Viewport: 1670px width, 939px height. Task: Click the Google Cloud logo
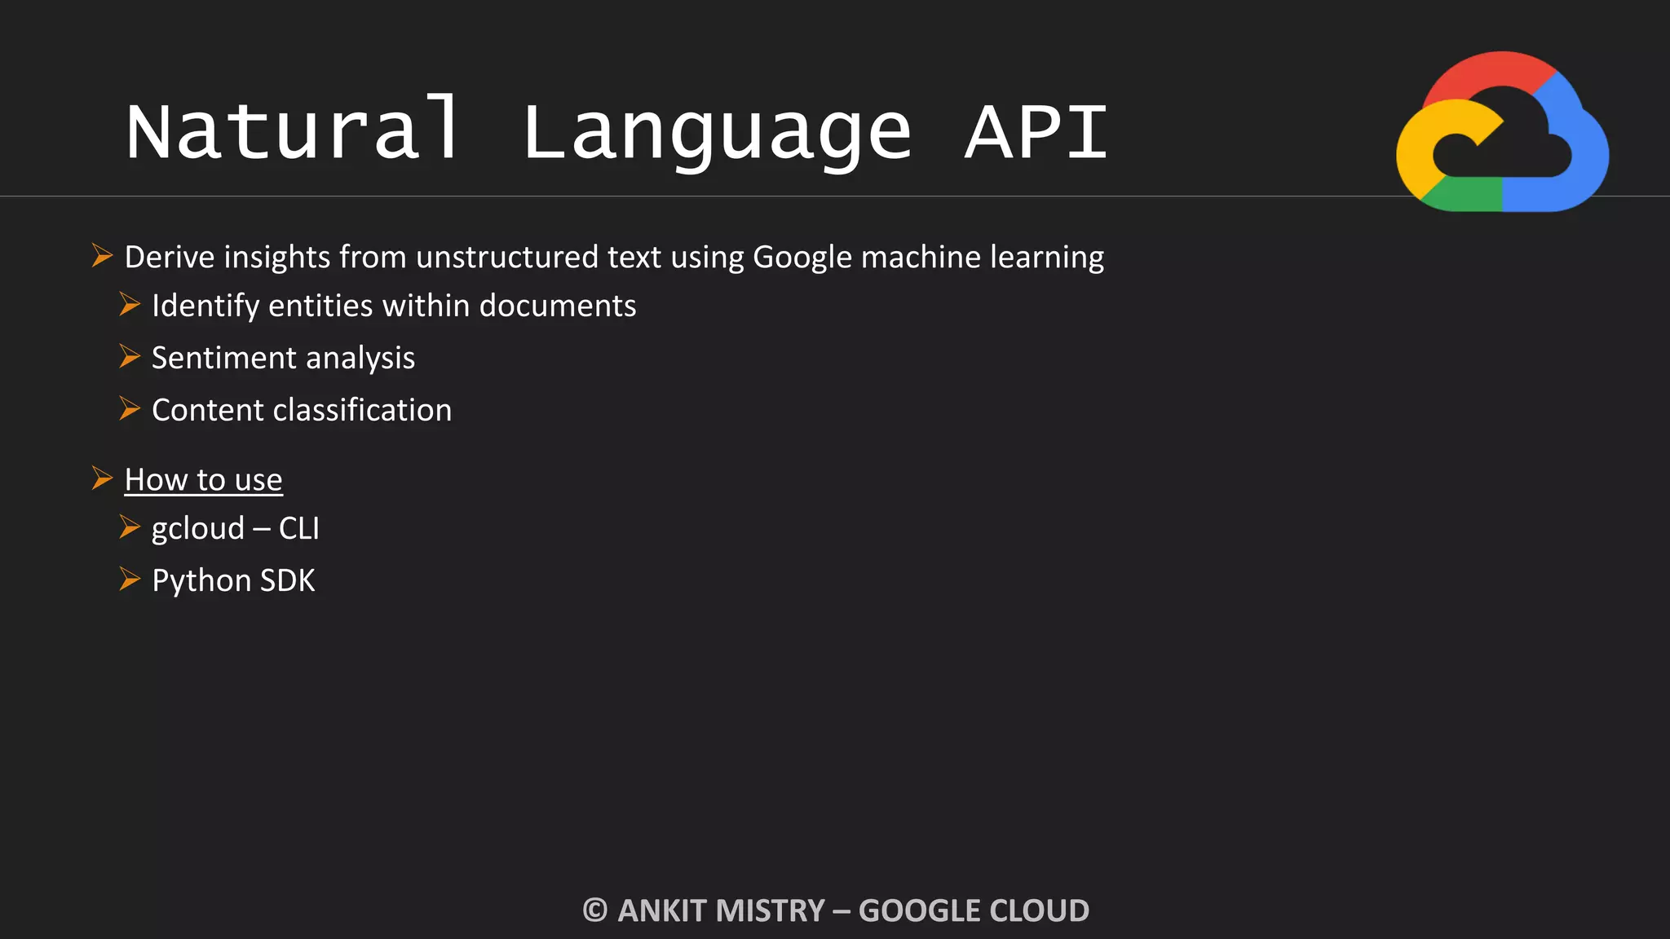(x=1502, y=132)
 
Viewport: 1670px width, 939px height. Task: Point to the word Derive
(x=169, y=258)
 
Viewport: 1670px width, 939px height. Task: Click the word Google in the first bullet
(x=802, y=258)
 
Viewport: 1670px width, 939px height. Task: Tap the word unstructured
(x=506, y=258)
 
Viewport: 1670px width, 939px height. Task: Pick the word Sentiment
(x=224, y=359)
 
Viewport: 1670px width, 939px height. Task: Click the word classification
(x=362, y=410)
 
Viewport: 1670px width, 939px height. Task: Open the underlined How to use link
(x=203, y=480)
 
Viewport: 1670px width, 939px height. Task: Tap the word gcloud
(x=198, y=529)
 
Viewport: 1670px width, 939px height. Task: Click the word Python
(x=201, y=581)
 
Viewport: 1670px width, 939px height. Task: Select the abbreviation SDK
(x=287, y=581)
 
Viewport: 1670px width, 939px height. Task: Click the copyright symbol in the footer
(x=595, y=910)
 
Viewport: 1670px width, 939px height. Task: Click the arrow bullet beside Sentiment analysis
(x=130, y=357)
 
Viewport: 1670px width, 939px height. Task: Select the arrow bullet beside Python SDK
(x=130, y=580)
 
